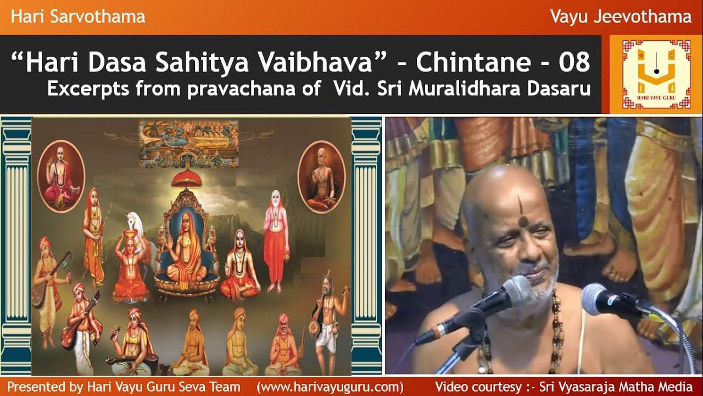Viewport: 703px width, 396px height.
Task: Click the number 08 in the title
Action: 574,63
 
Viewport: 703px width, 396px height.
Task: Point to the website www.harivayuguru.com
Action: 330,386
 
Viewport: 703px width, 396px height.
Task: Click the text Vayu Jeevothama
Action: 621,16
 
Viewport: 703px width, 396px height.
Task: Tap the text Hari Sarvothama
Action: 78,16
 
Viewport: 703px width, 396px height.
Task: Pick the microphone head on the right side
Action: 599,298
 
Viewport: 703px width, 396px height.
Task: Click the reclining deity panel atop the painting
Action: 188,141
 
